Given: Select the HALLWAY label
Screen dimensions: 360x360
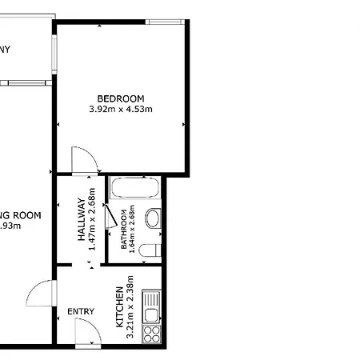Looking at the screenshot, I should click(x=82, y=220).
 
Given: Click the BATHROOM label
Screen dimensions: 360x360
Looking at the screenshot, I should click(x=124, y=230).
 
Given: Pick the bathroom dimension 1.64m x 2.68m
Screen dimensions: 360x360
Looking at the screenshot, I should click(x=133, y=230).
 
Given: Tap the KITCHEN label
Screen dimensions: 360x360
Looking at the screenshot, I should click(x=120, y=309).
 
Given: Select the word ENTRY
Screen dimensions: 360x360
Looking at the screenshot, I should click(x=81, y=312).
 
